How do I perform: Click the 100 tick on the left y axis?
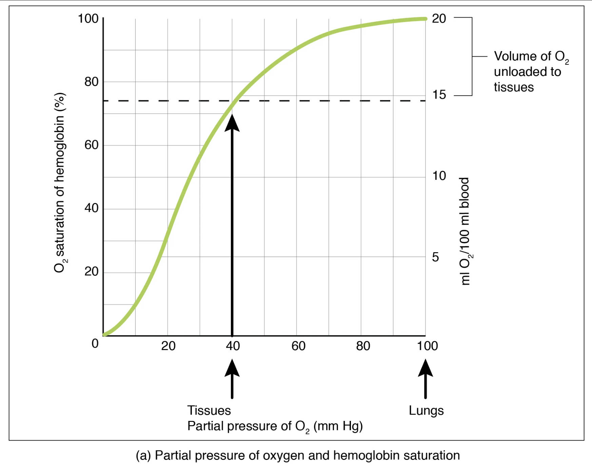coord(88,19)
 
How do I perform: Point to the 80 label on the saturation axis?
coord(91,82)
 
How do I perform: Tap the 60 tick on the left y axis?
coord(91,145)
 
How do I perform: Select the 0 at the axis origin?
coord(95,344)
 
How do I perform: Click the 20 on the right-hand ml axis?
coord(439,19)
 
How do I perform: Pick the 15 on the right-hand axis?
coord(439,95)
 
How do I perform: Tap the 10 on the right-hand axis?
coord(439,176)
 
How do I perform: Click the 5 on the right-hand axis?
coord(435,257)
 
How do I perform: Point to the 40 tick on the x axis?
coord(233,346)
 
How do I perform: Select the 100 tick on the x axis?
coord(427,346)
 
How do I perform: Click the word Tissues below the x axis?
coord(209,410)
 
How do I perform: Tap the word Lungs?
coord(426,410)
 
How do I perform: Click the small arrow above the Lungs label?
coord(425,378)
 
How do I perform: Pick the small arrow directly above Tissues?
coord(232,378)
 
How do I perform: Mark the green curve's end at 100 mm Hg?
coord(425,19)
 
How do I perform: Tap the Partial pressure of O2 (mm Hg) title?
coord(275,426)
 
